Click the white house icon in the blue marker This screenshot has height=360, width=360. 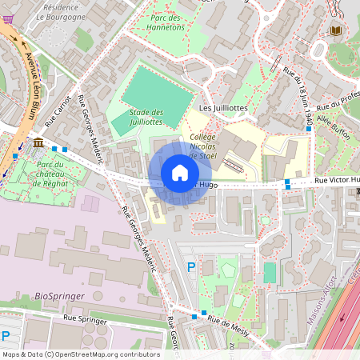point(180,173)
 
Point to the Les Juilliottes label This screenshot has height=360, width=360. point(223,107)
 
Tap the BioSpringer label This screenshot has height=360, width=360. point(57,296)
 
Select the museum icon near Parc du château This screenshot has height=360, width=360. point(39,142)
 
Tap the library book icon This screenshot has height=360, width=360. point(334,30)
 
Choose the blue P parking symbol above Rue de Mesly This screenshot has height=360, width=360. point(190,266)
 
